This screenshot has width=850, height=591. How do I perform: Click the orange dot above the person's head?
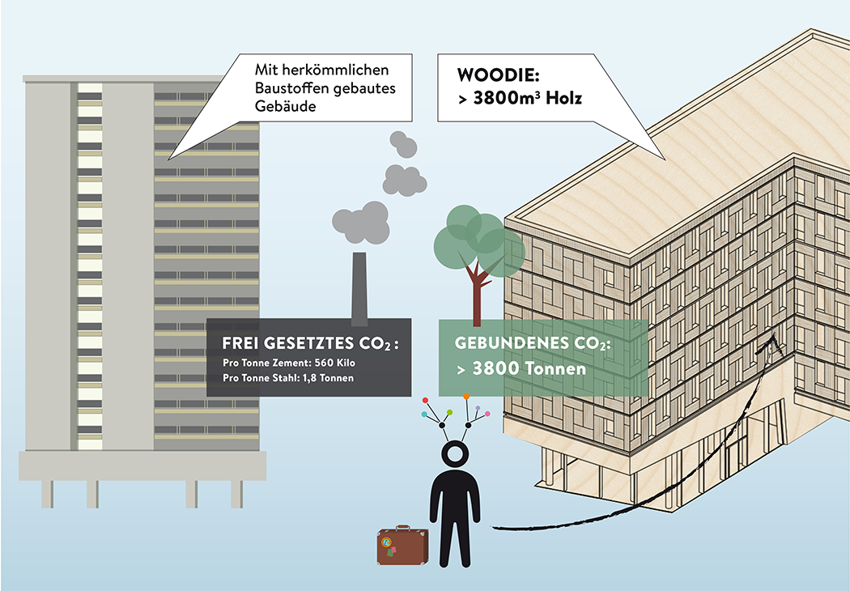466,397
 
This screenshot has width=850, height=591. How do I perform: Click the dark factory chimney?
359,287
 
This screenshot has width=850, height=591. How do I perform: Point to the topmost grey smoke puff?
402,143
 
